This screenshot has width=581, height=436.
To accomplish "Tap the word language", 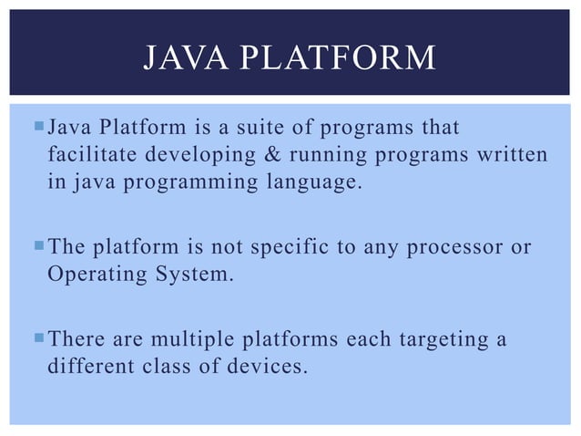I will [302, 182].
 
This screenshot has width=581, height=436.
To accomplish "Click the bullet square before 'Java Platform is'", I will [36, 125].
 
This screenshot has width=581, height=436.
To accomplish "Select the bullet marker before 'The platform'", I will [36, 246].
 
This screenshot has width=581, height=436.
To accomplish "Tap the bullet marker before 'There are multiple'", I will [36, 339].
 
